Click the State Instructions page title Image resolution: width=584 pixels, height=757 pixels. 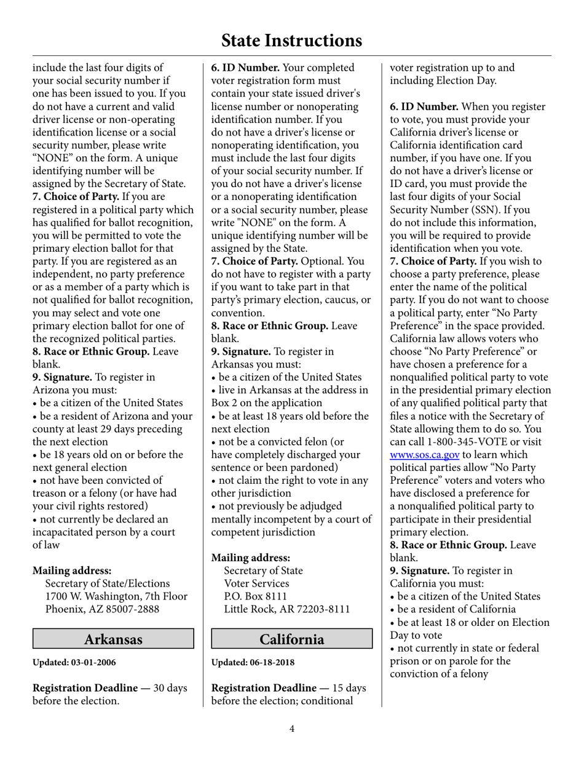click(x=291, y=41)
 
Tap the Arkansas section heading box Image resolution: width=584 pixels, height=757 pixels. click(x=113, y=639)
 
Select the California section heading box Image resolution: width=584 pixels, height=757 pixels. click(x=292, y=639)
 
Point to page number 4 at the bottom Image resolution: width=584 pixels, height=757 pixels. click(x=292, y=729)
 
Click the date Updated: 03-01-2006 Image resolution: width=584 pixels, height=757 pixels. click(x=74, y=663)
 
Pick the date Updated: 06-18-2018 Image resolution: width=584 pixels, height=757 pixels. click(x=253, y=663)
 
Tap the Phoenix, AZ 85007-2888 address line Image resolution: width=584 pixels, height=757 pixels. click(x=102, y=609)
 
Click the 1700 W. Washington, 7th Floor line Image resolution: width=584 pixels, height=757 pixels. click(x=116, y=596)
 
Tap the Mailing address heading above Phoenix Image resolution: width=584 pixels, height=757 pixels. click(x=72, y=571)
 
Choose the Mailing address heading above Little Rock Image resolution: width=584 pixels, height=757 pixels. click(x=251, y=558)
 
